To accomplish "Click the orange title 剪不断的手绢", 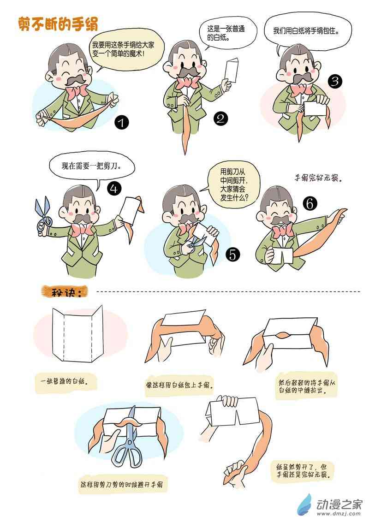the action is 58,24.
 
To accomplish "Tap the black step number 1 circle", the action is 122,123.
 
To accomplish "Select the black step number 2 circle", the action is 221,118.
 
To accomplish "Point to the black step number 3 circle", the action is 335,81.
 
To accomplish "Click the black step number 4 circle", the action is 114,189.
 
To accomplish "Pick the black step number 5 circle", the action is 232,255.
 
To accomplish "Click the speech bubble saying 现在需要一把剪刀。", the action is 92,167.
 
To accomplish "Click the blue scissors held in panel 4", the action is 42,214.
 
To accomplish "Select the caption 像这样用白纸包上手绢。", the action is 179,386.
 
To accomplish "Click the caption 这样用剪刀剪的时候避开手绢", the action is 122,484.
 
